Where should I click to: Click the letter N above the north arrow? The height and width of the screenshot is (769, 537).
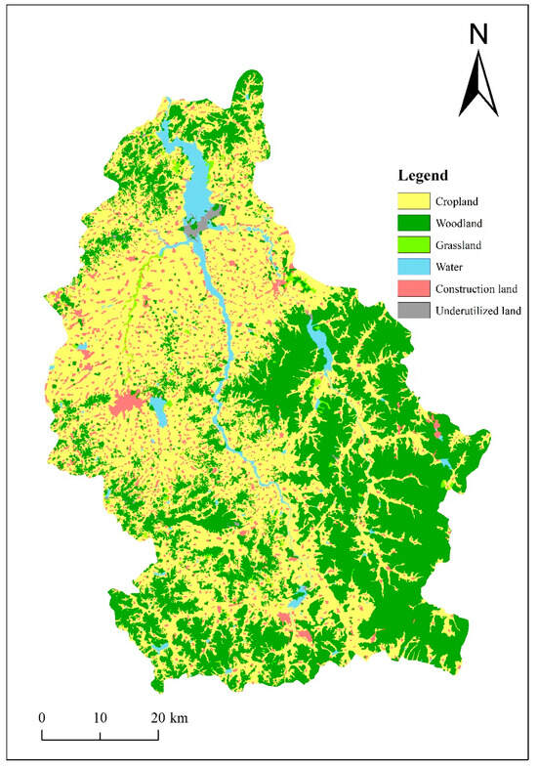point(478,34)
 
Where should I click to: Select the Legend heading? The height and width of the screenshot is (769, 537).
point(423,177)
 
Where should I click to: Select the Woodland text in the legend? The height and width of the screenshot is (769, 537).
point(463,223)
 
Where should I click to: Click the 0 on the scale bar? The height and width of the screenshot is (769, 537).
point(42,717)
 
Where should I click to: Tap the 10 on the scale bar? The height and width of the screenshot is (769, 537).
point(100,717)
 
